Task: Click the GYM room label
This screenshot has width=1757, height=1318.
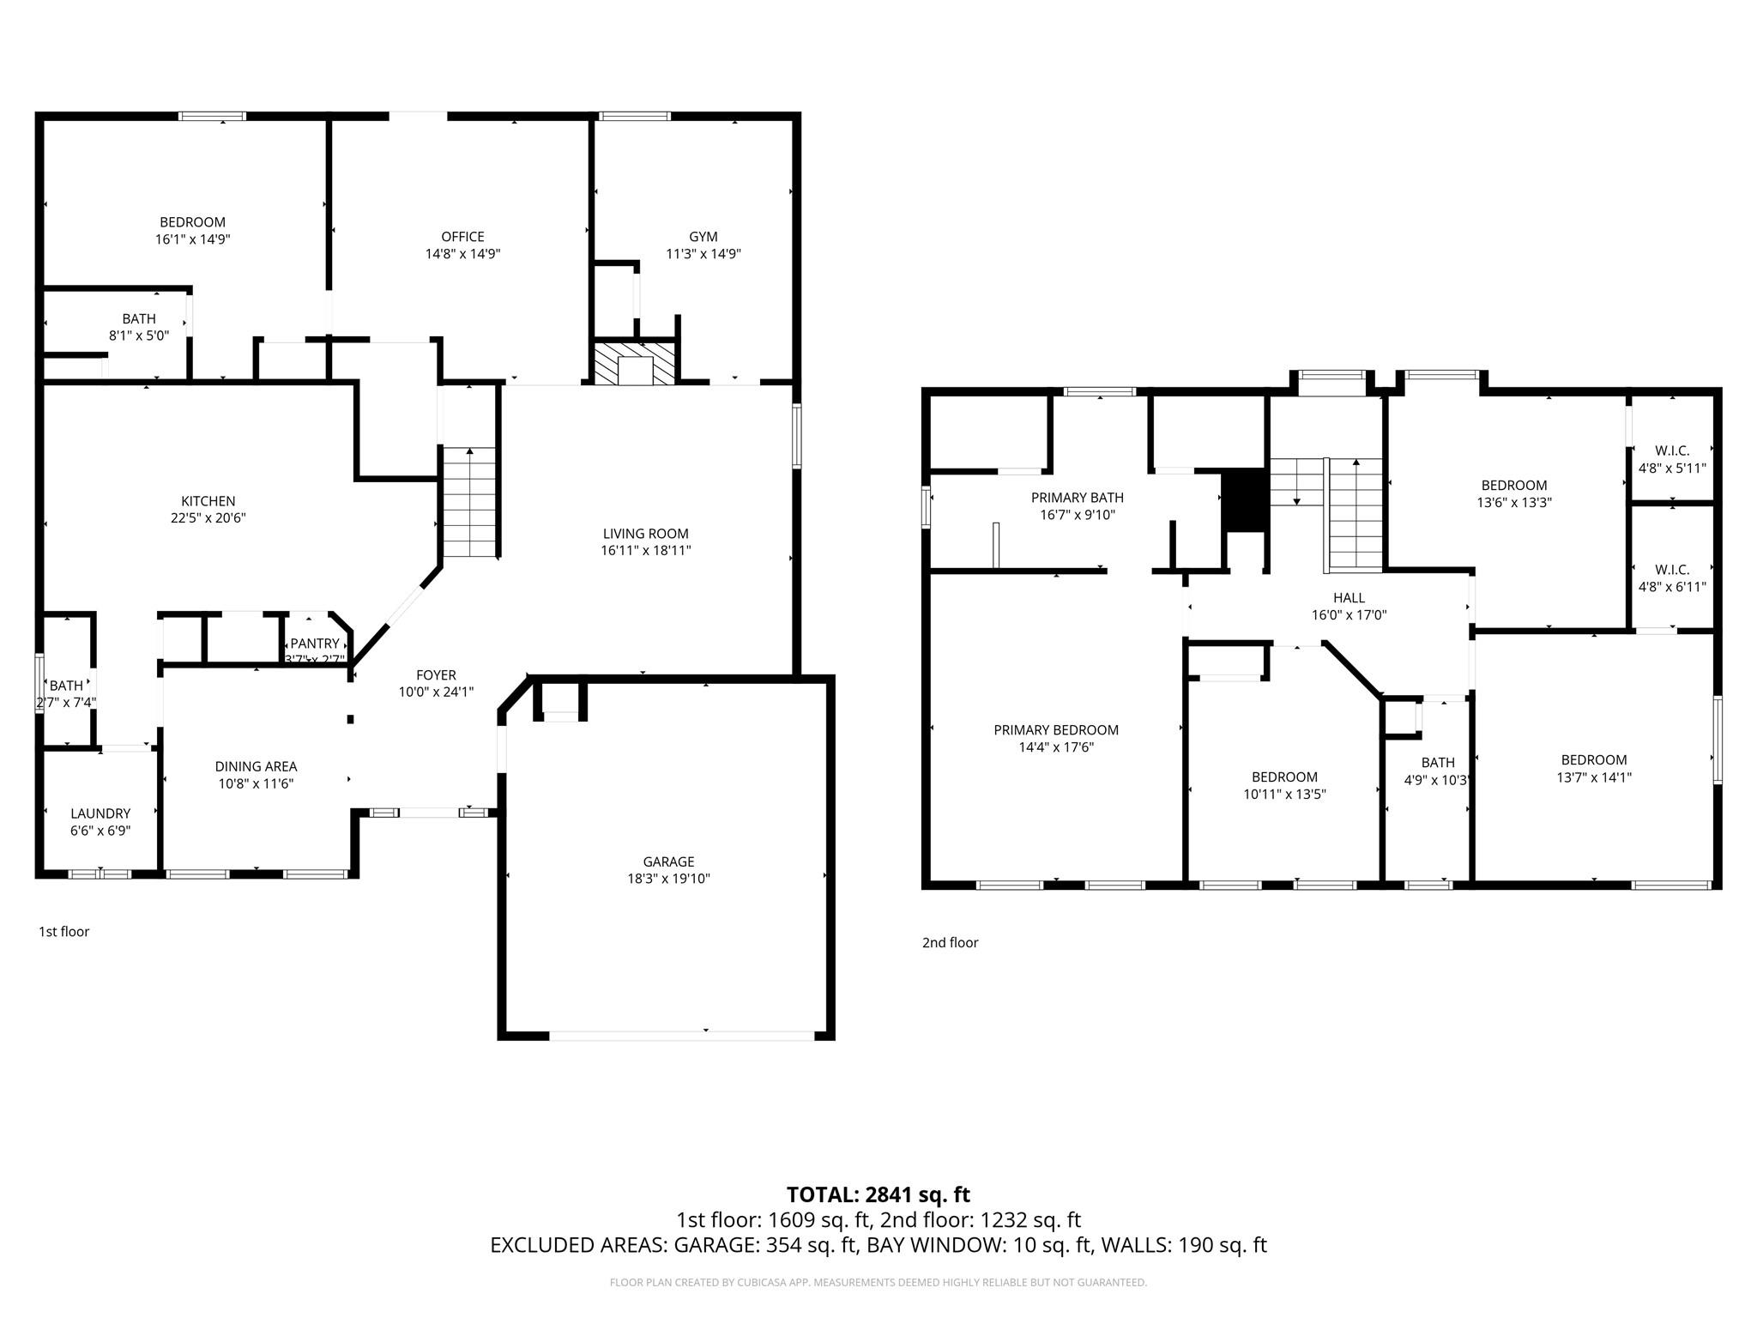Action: [703, 237]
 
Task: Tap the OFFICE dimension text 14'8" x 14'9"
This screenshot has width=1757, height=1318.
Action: [462, 254]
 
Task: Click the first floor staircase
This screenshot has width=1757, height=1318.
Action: [469, 503]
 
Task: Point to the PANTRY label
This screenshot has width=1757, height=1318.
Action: [314, 644]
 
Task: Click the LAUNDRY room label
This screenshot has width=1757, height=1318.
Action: [100, 813]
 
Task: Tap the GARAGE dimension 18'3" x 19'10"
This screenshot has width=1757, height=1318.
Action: [668, 879]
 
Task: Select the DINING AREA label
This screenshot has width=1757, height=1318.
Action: [256, 766]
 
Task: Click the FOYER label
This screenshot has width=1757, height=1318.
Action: [436, 675]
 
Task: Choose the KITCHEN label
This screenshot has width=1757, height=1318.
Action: [208, 501]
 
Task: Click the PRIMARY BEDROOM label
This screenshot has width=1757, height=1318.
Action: [1056, 730]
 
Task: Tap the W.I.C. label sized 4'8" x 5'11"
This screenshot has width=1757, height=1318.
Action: [1672, 451]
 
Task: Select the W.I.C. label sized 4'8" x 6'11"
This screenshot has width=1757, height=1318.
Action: [1672, 570]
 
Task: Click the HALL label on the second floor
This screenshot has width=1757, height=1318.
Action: [1349, 598]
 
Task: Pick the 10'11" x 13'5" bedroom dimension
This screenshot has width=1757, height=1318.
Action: [1284, 795]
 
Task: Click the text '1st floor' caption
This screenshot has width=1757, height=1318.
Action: [63, 932]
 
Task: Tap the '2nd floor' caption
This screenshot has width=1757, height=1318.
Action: [950, 943]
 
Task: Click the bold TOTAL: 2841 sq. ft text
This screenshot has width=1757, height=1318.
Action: [878, 1194]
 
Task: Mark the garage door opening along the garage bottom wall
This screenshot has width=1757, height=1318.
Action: [681, 1036]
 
